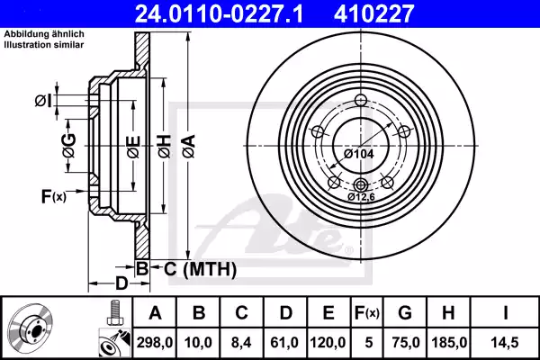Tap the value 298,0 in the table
[x=154, y=341]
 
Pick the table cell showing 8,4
[x=240, y=341]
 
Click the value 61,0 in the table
[x=284, y=341]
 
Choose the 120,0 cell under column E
[x=328, y=341]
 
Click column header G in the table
[x=405, y=313]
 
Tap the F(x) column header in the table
[x=364, y=313]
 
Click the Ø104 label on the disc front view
[x=359, y=153]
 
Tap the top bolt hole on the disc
[x=361, y=101]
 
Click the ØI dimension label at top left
[x=68, y=99]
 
